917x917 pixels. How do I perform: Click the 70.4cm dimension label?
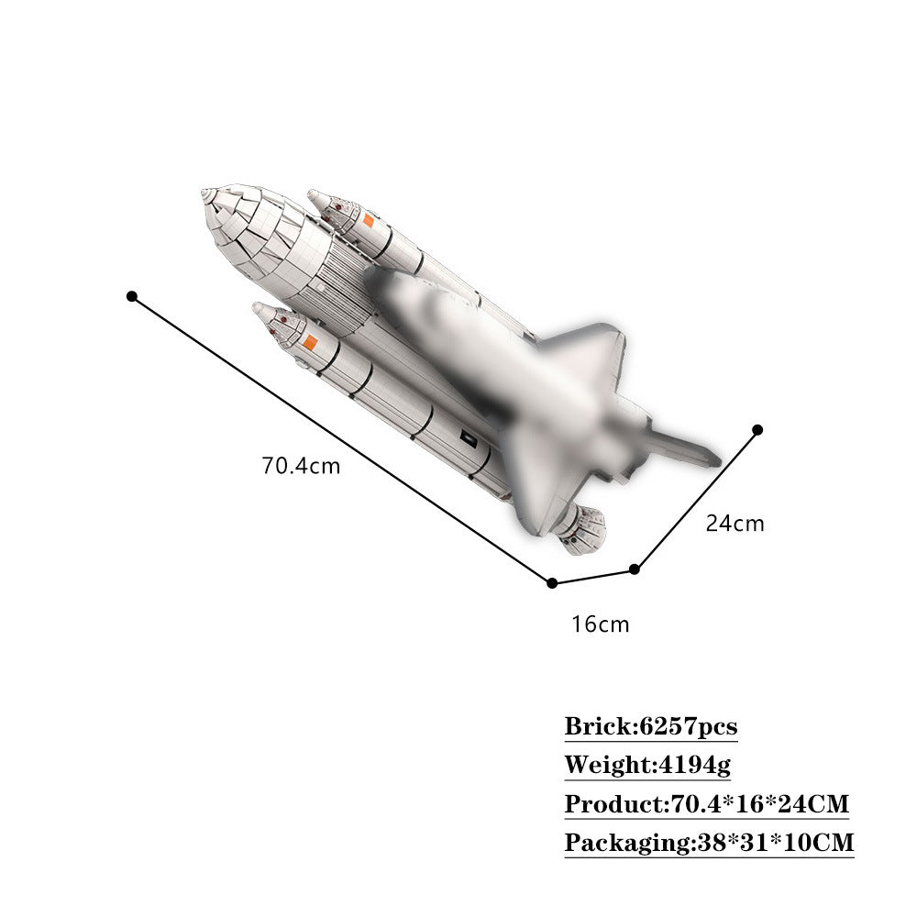point(301,466)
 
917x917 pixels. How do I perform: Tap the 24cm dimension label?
point(735,524)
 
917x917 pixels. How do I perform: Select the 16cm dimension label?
point(601,625)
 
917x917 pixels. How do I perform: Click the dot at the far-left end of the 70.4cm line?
point(132,296)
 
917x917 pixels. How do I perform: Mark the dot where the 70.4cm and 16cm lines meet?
point(552,582)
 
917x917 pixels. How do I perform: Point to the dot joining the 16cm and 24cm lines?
point(634,569)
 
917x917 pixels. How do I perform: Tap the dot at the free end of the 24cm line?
point(757,429)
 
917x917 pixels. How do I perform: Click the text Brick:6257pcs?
point(650,727)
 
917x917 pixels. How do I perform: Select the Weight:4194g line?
point(646,765)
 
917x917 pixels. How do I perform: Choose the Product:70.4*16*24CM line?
point(706,804)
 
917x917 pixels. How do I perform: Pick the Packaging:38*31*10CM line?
point(708,843)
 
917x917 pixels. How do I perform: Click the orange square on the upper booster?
point(368,220)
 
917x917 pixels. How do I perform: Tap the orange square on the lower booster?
point(311,343)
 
